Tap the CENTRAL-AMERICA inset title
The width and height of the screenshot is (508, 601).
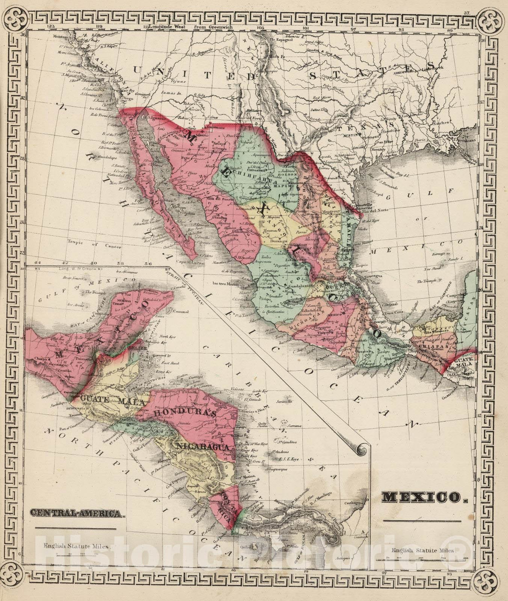[x=78, y=513]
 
